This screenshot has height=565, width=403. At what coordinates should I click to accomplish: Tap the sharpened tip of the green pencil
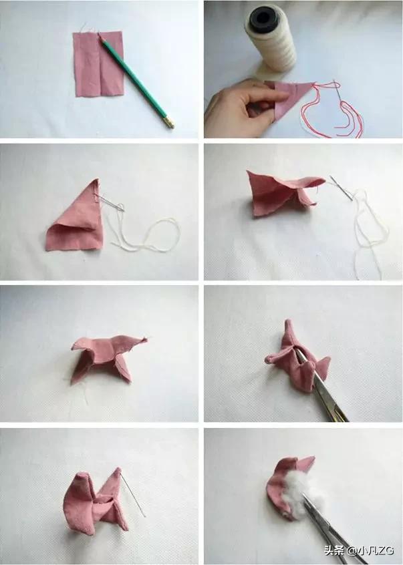tap(99, 34)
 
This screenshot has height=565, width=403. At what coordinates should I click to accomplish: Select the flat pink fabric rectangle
tap(99, 64)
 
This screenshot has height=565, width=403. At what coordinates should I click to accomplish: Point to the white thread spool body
tap(271, 39)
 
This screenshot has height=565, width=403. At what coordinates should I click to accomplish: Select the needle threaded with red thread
tap(340, 94)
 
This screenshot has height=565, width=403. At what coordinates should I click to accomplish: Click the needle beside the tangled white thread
tap(342, 188)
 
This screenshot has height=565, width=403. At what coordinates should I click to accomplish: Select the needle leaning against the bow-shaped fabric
tap(132, 494)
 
